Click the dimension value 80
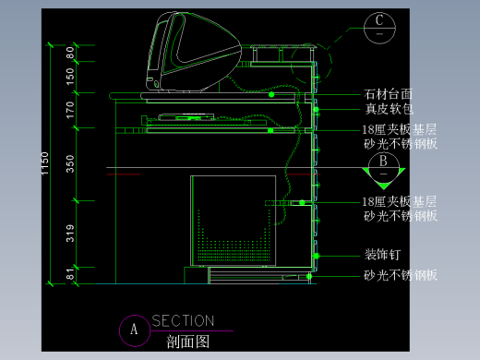[x=70, y=53]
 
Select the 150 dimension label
[x=70, y=77]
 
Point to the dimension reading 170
[x=70, y=110]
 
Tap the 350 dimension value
[x=70, y=163]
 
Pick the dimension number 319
[x=70, y=233]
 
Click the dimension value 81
[x=70, y=274]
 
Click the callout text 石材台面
[x=388, y=94]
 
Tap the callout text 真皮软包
[x=388, y=109]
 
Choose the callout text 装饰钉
[x=381, y=256]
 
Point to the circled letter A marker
[x=134, y=329]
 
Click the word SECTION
[x=183, y=321]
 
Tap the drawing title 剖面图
[x=188, y=341]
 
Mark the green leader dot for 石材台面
[x=271, y=94]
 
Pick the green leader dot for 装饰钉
[x=316, y=256]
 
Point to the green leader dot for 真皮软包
[x=316, y=110]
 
